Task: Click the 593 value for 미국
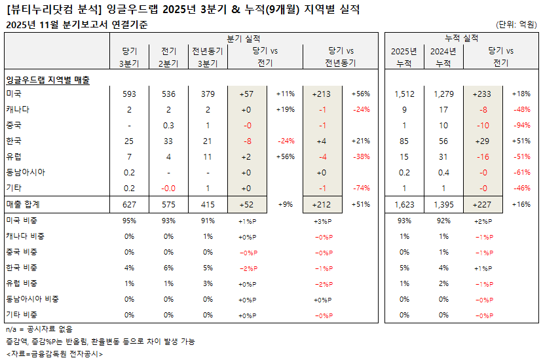129,94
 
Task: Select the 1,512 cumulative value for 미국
404,94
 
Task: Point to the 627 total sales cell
129,205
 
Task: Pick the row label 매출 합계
23,205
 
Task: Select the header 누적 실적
461,39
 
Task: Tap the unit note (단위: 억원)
517,25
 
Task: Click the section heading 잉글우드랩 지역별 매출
47,79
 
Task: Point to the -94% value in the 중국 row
521,125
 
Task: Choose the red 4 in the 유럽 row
169,157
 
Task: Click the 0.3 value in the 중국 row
169,125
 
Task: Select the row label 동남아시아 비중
32,299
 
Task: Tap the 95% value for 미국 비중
129,221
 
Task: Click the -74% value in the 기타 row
361,189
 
